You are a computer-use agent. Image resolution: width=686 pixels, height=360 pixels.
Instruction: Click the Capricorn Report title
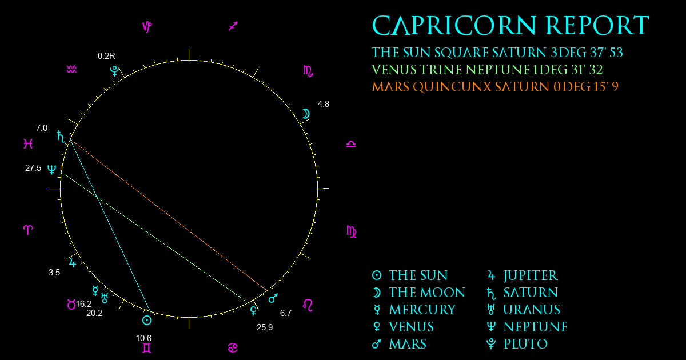(510, 26)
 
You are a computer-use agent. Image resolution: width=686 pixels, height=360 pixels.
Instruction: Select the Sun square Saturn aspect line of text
(497, 53)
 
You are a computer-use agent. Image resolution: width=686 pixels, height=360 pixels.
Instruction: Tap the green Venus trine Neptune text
(487, 70)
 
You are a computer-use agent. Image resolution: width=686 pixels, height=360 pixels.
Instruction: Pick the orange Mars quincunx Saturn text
(495, 87)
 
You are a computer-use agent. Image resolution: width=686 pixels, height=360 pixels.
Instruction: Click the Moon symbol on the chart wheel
(306, 114)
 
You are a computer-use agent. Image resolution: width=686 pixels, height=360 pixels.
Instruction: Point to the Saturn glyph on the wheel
(61, 137)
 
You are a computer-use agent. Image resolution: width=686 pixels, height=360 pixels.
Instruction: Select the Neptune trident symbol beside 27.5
(51, 169)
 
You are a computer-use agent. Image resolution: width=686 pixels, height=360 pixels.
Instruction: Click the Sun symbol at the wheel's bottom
(147, 321)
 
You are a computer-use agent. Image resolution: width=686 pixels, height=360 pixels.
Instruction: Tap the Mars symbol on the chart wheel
(273, 298)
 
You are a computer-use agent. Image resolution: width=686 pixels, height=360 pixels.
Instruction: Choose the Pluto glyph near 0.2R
(114, 71)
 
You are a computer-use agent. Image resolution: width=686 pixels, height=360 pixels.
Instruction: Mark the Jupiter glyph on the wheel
(72, 263)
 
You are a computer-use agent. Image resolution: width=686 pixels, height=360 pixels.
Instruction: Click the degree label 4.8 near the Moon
(324, 104)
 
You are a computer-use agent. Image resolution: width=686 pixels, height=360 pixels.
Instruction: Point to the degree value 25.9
(265, 327)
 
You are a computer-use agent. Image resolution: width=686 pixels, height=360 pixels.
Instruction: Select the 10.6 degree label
(143, 338)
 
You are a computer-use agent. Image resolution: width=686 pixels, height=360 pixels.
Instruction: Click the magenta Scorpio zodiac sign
(308, 71)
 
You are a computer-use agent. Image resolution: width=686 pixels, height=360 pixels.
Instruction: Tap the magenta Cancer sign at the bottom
(233, 348)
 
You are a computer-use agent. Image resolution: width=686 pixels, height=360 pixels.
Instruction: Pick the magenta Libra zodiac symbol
(351, 144)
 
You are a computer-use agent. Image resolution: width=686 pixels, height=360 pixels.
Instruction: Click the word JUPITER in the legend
(531, 276)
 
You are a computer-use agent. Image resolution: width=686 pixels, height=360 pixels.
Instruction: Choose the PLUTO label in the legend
(525, 344)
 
